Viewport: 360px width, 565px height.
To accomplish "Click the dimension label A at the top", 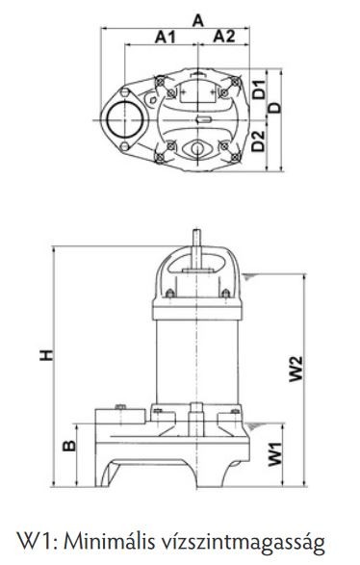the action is [198, 20].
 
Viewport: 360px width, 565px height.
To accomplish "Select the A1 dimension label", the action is [166, 37].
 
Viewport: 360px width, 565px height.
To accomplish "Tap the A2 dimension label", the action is [224, 37].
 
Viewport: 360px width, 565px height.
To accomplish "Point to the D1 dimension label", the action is [258, 90].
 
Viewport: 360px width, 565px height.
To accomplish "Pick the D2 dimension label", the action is [258, 141].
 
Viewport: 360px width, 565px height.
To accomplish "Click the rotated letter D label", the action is [275, 108].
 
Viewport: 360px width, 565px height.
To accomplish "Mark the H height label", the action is [47, 355].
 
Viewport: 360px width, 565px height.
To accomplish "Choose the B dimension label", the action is [69, 446].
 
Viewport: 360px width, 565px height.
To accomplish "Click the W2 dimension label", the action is [296, 369].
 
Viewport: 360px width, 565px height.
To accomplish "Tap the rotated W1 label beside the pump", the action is [275, 454].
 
